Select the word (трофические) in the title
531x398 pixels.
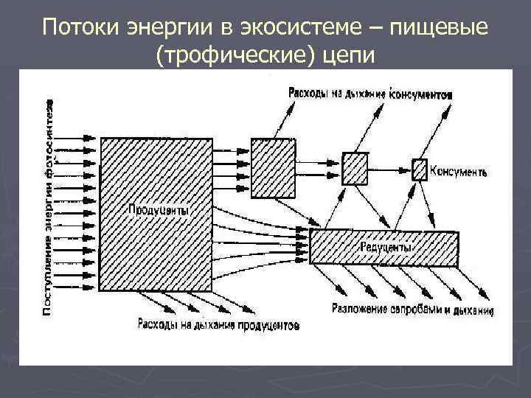(x=235, y=55)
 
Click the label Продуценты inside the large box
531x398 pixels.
(x=159, y=210)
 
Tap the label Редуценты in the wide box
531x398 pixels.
(x=385, y=248)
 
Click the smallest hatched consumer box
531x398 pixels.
(x=419, y=169)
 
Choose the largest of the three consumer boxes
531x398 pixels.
(x=273, y=169)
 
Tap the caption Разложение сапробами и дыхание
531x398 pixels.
(x=412, y=310)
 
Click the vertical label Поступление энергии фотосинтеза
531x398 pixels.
(x=49, y=206)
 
